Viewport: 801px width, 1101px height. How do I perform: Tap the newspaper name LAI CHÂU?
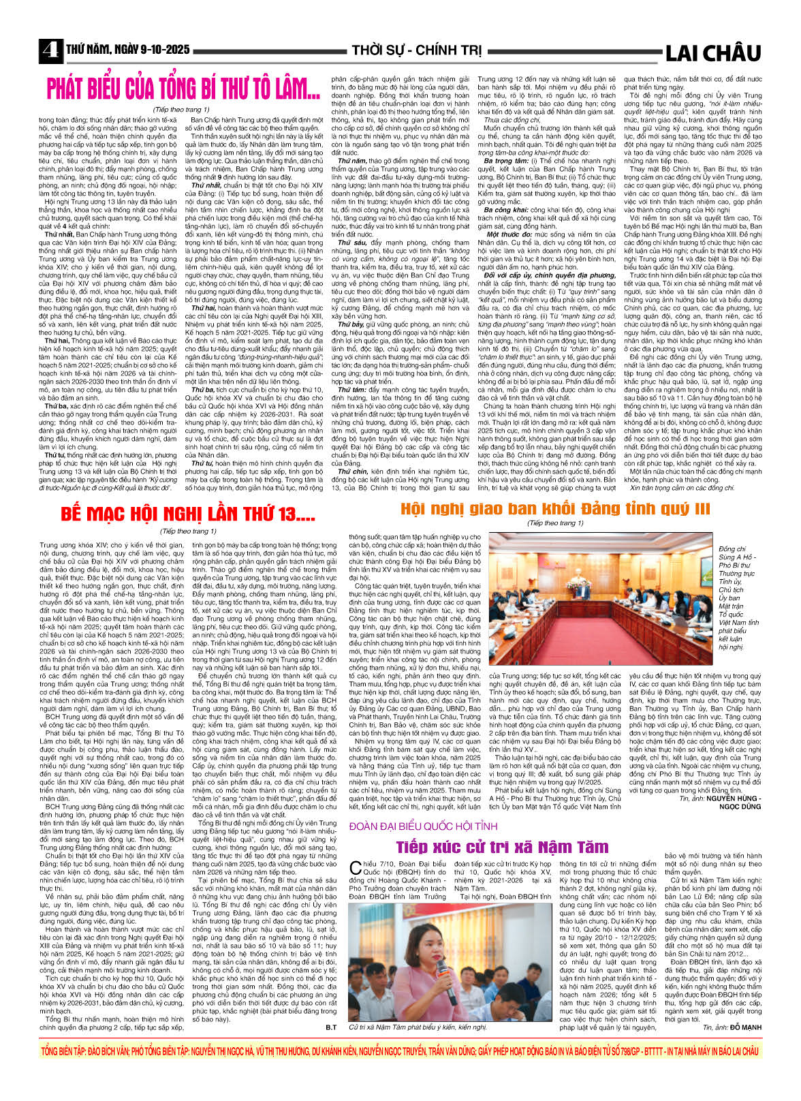click(712, 52)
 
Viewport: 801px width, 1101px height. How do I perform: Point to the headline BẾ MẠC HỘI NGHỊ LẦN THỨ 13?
click(188, 514)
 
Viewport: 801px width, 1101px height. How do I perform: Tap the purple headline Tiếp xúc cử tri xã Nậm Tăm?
click(503, 847)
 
